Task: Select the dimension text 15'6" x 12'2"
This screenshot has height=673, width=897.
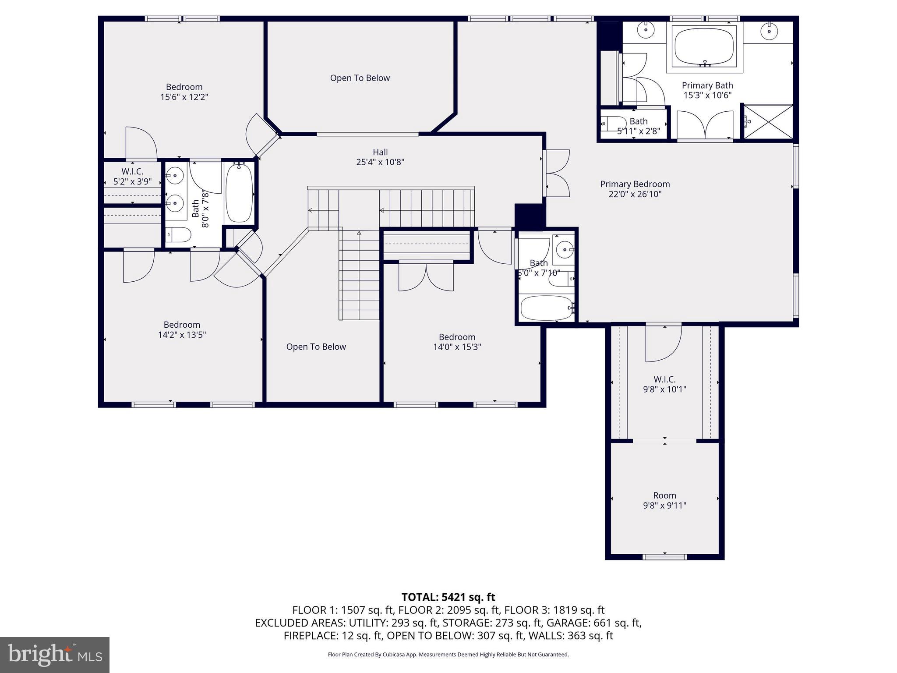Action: point(184,97)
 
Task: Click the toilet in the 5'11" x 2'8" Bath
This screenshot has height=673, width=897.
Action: point(614,124)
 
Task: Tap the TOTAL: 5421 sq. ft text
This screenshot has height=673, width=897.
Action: point(448,597)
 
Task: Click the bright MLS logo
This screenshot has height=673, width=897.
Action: point(55,655)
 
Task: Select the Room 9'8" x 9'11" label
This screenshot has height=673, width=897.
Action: point(664,500)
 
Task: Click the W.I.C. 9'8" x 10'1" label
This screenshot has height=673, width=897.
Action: point(664,384)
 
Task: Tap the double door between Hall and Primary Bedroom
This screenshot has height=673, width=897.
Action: point(556,173)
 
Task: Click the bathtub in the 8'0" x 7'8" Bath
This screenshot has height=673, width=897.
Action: point(239,193)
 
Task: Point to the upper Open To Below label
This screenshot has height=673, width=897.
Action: point(360,78)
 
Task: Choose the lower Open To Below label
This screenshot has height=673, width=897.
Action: point(316,347)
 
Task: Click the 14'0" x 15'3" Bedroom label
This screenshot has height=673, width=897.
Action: point(457,342)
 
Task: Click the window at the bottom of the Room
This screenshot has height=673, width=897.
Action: point(664,557)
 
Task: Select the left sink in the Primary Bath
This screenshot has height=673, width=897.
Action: point(645,30)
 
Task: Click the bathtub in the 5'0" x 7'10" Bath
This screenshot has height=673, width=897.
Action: point(546,308)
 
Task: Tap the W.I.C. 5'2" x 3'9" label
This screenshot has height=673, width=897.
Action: point(132,176)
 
